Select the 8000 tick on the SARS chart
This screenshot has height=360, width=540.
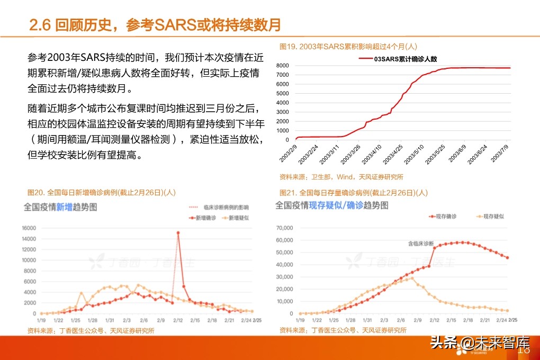pos(282,66)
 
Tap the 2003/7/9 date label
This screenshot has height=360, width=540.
pos(501,152)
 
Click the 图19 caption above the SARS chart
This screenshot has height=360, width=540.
pos(348,47)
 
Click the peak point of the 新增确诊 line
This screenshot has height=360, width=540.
pos(178,233)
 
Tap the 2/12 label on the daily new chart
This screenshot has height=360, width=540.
pos(178,321)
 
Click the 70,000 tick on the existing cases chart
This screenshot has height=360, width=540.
pos(284,228)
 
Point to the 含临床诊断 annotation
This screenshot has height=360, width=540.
pos(420,243)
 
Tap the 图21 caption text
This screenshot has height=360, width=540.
pos(353,193)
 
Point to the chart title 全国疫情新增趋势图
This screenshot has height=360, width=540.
pos(60,208)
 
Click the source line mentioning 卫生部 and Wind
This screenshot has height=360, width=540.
pos(341,177)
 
